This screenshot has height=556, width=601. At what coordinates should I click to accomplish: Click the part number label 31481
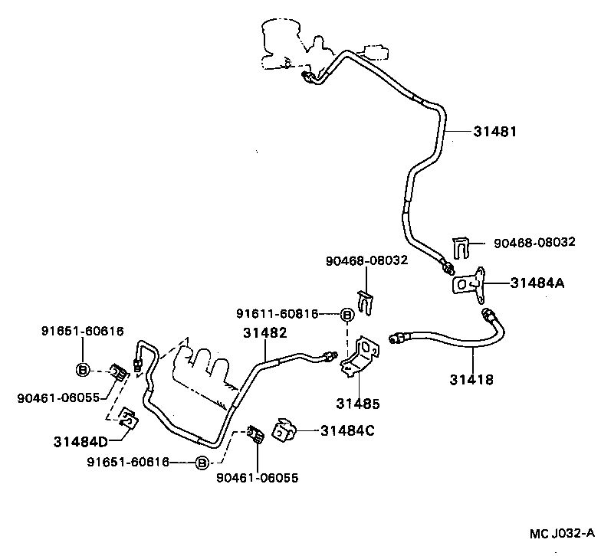[x=495, y=132]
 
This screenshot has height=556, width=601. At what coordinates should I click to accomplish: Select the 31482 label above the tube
[x=265, y=332]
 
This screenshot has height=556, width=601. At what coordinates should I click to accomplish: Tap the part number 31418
[x=471, y=379]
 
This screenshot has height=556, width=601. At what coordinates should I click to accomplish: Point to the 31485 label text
[x=358, y=403]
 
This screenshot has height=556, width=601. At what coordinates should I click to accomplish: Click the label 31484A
[x=537, y=283]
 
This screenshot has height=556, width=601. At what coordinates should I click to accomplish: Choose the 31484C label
[x=347, y=430]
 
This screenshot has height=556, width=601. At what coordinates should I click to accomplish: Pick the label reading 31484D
[x=80, y=441]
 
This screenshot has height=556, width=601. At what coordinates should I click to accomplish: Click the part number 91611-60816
[x=277, y=313]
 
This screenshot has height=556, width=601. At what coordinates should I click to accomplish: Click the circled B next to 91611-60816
[x=346, y=314]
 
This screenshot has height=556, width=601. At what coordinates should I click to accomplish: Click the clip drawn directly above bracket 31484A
[x=461, y=247]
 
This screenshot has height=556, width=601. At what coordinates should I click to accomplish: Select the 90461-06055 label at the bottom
[x=257, y=478]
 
